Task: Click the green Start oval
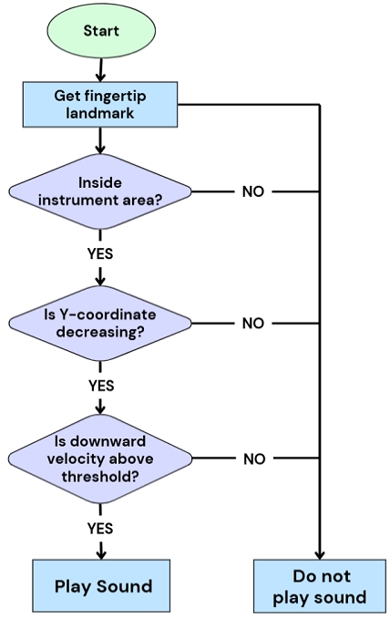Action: tap(100, 31)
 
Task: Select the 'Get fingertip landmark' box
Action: tap(100, 104)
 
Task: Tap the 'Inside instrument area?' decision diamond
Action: tap(100, 191)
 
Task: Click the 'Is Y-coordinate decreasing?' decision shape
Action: tap(100, 323)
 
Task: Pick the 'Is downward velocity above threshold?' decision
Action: tap(100, 459)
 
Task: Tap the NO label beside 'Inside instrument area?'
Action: tap(253, 191)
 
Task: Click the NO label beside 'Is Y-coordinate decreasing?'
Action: tap(253, 324)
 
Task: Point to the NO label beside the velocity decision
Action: tap(253, 459)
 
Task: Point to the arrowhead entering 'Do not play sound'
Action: tap(319, 553)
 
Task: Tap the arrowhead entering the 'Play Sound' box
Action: tap(100, 553)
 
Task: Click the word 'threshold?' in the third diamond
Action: tap(100, 474)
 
